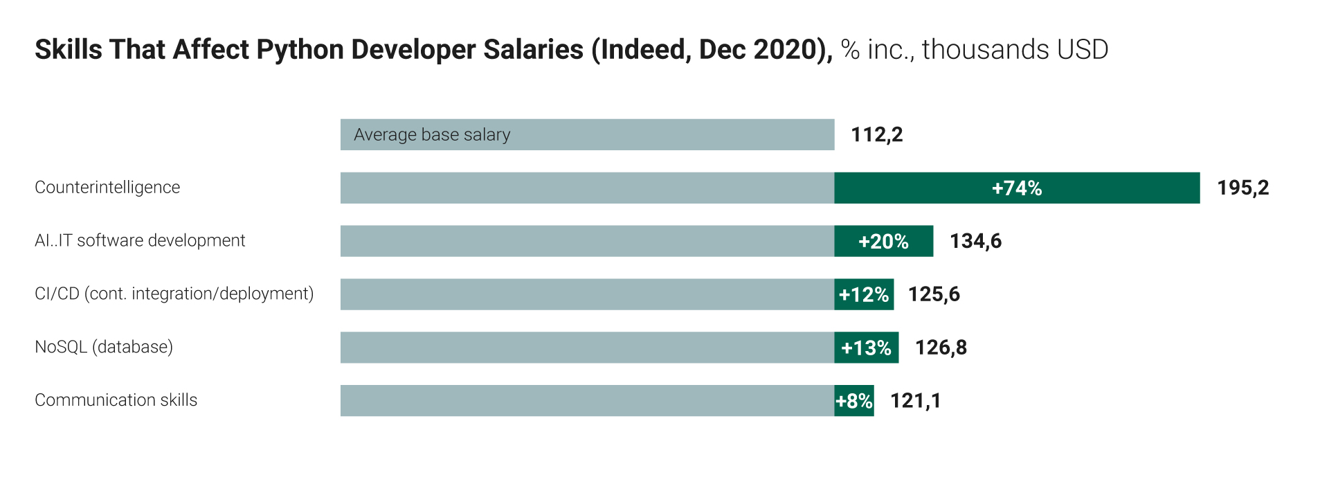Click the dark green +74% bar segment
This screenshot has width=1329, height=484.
click(1016, 188)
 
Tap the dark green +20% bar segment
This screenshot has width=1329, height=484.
click(883, 241)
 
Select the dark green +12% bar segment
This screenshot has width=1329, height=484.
click(864, 294)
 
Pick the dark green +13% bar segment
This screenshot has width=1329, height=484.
click(866, 348)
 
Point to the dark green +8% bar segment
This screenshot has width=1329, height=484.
click(854, 401)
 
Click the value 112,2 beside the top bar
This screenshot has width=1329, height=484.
click(876, 134)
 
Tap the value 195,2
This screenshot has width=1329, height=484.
click(1242, 188)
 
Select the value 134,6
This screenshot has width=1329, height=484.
click(975, 241)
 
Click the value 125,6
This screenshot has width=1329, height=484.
click(934, 294)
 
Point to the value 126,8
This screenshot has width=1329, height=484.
click(941, 348)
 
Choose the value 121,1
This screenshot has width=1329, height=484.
click(915, 401)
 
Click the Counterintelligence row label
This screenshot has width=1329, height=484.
click(107, 188)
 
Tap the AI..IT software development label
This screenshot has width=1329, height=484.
click(140, 241)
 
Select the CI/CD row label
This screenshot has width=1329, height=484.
click(174, 294)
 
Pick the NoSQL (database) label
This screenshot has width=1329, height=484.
click(104, 347)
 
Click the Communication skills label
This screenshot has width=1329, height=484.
click(116, 400)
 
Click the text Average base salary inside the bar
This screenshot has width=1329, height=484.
click(432, 135)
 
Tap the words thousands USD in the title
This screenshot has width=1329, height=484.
click(1015, 50)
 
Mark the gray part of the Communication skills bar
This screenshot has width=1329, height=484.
click(587, 401)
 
